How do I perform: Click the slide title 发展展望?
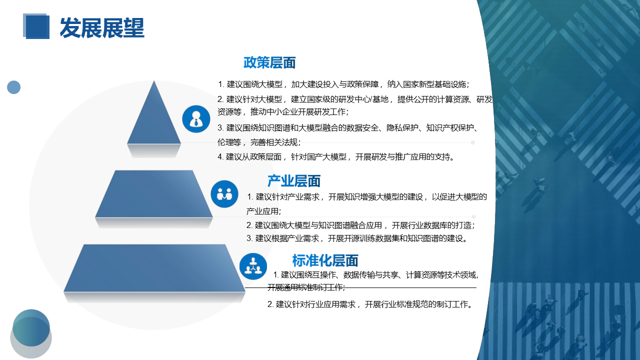pos(102,28)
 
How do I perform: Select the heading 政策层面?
pos(269,62)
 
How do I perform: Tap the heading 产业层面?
pos(293,181)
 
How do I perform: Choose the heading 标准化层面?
pos(325,260)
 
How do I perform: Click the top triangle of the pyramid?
pos(154,120)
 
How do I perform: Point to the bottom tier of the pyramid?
pos(154,268)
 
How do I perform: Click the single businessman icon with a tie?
pos(196,119)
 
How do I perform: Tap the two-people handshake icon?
pos(224,194)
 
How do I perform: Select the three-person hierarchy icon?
pos(253,266)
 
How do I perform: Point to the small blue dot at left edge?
pos(13,87)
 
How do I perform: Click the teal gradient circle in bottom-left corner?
pos(31,327)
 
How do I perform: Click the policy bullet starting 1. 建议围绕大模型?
pos(343,84)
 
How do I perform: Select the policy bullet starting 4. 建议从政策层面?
pos(336,157)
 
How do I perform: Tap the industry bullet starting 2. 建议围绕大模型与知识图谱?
pos(360,225)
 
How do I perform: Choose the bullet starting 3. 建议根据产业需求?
pos(356,238)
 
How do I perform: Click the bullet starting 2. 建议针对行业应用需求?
pos(369,304)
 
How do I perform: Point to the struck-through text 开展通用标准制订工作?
pos(306,287)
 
